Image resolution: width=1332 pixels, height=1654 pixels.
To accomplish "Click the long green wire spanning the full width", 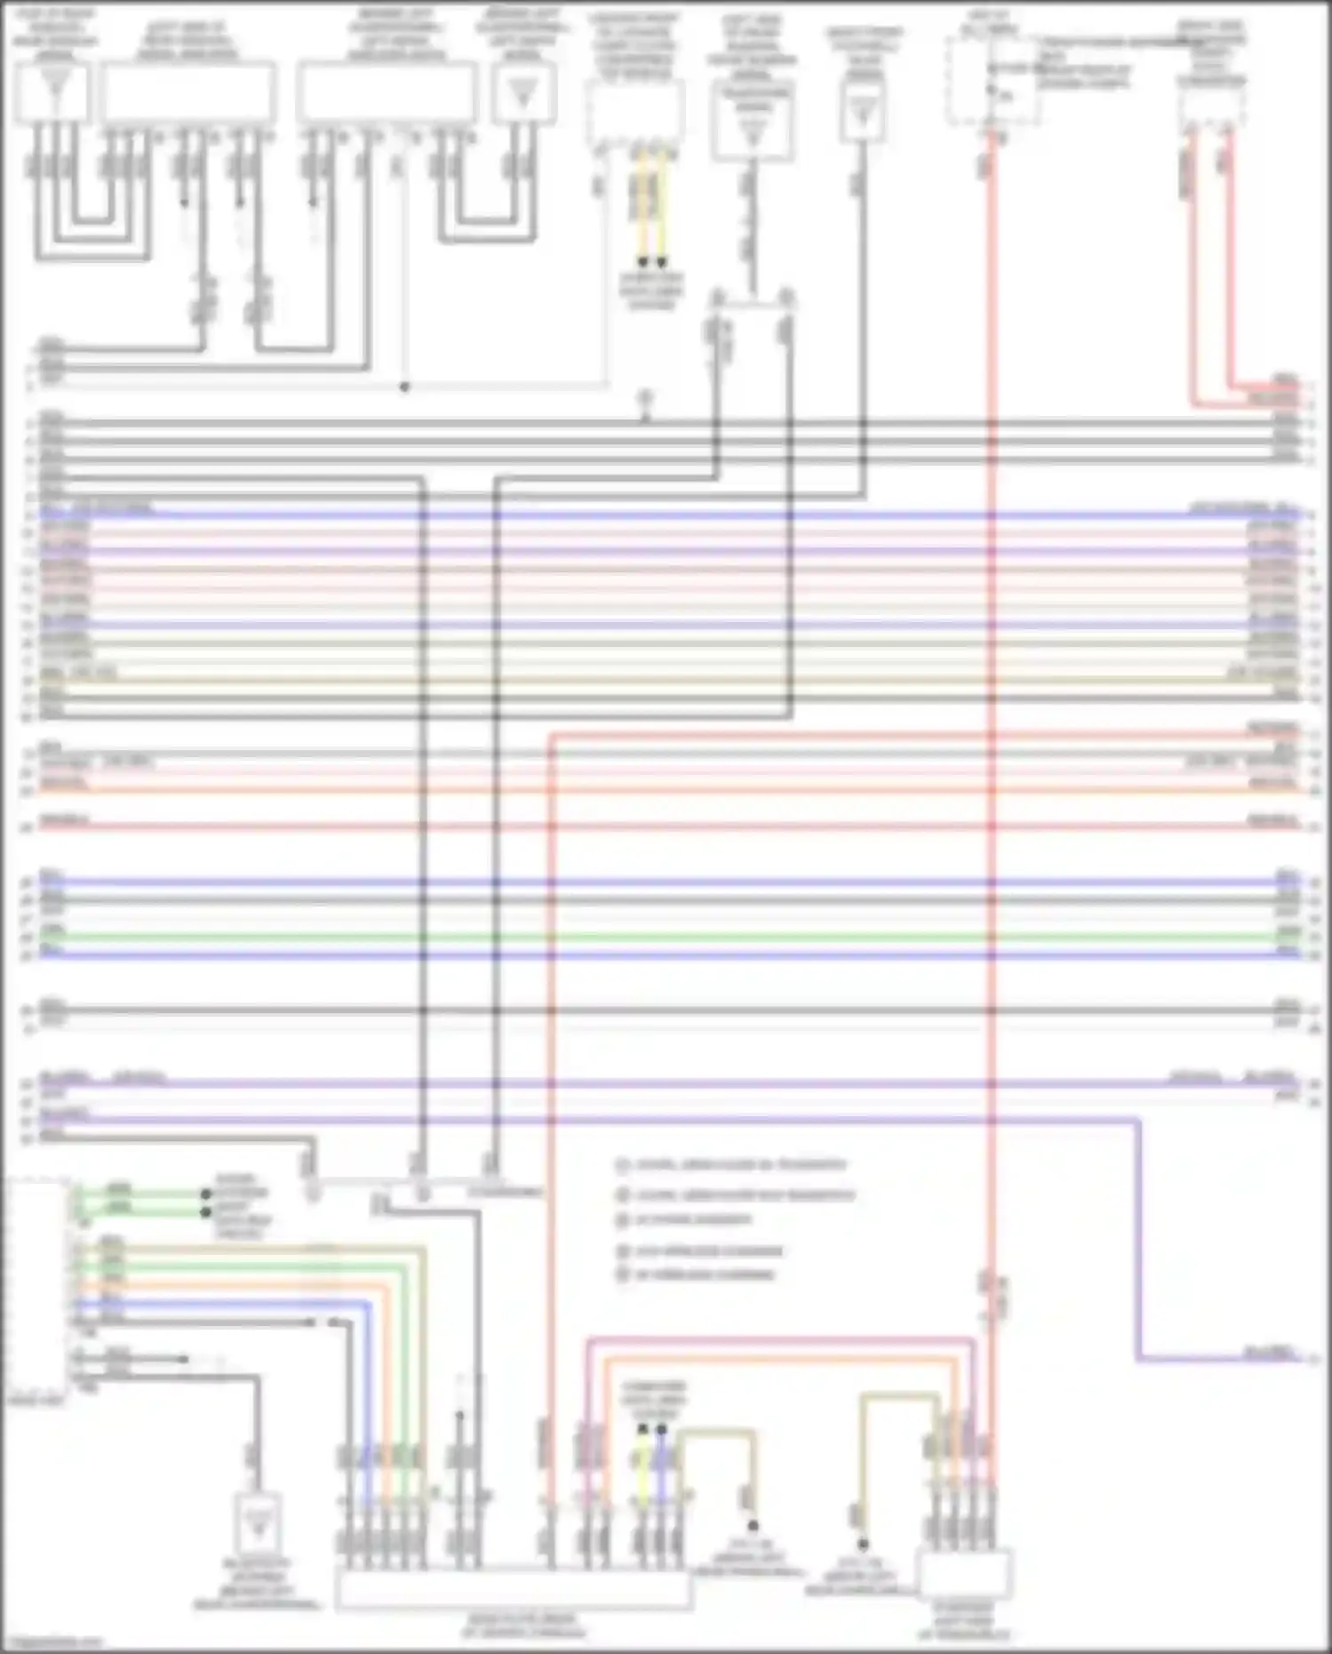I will coord(666,937).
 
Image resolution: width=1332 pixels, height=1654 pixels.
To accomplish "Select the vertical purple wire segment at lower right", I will coord(1138,1244).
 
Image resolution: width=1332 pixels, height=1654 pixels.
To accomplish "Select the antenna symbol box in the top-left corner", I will coord(53,91).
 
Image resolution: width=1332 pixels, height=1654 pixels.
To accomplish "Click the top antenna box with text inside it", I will coord(753,123).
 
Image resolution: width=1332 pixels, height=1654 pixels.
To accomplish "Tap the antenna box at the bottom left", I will coord(258,1524).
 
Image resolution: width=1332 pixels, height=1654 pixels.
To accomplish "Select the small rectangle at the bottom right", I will coord(964,1573).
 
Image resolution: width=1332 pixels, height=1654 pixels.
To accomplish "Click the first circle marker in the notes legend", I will coord(623,1164).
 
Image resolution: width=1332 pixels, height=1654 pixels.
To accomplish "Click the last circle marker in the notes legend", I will coord(623,1274).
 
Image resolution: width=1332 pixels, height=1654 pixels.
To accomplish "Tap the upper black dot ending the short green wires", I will coord(206,1194).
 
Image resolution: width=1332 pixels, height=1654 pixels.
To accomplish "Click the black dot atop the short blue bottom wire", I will coord(661,1429).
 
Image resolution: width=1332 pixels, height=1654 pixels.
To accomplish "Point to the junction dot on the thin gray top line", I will coord(404,388).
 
